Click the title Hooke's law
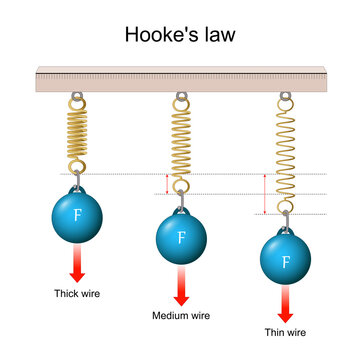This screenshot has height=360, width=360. (x=180, y=35)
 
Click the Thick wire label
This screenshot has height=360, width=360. (x=77, y=294)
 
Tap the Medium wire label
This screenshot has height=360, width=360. (x=181, y=316)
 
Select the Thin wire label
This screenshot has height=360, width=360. (x=285, y=332)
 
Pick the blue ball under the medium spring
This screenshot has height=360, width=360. (x=181, y=239)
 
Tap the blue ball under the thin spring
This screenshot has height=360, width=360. (x=285, y=262)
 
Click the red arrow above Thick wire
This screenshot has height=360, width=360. (x=78, y=266)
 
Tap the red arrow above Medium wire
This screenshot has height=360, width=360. (x=181, y=287)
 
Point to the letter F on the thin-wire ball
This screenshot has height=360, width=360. (x=285, y=262)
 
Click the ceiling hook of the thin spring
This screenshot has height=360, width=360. (x=285, y=98)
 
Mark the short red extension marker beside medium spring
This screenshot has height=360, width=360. (x=167, y=183)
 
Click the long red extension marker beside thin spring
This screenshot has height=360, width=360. (x=264, y=194)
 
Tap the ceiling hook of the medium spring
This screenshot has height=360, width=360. (x=181, y=98)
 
